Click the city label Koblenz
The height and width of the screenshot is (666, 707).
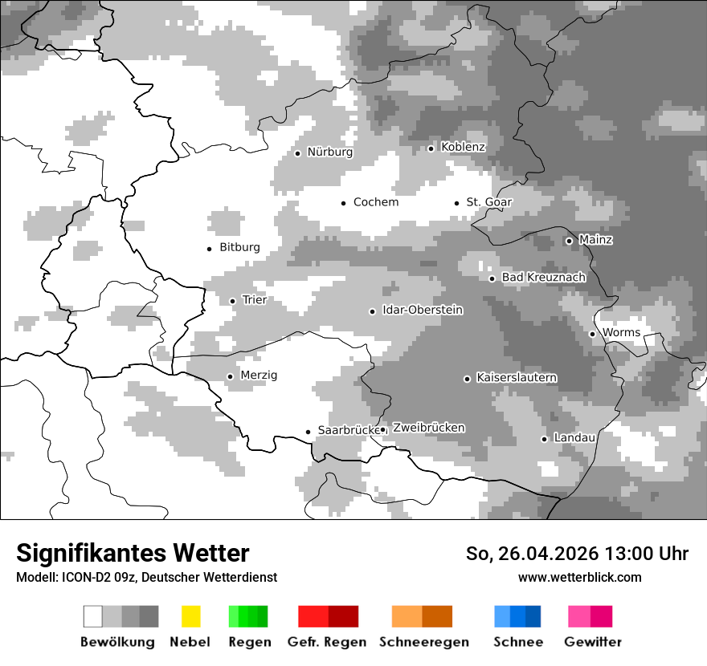click(x=463, y=147)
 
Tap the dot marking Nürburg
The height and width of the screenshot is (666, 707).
click(x=297, y=153)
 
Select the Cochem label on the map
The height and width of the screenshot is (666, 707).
click(x=375, y=202)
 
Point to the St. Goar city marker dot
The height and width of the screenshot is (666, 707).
click(x=456, y=203)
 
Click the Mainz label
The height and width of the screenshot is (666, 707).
click(x=595, y=240)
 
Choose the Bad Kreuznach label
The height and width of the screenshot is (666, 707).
click(x=543, y=278)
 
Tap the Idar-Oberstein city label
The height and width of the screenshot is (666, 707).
click(x=423, y=311)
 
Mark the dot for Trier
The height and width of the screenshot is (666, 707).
click(x=232, y=301)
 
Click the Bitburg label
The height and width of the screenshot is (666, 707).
click(x=239, y=247)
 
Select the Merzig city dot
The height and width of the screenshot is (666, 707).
click(x=230, y=376)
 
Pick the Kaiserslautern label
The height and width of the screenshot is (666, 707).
click(x=517, y=378)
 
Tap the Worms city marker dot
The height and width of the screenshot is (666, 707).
click(x=592, y=334)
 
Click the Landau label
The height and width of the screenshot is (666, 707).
click(x=574, y=438)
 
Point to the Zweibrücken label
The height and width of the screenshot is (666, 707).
click(x=428, y=428)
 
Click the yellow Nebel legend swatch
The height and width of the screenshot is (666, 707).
click(x=190, y=616)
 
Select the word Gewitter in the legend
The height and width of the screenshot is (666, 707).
click(x=593, y=642)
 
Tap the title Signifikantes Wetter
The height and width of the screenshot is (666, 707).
click(x=133, y=553)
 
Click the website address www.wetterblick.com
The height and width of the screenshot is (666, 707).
click(x=579, y=577)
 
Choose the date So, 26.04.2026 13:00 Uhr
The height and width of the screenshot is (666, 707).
click(x=577, y=554)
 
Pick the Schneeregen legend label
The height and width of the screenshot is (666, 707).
click(x=423, y=642)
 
